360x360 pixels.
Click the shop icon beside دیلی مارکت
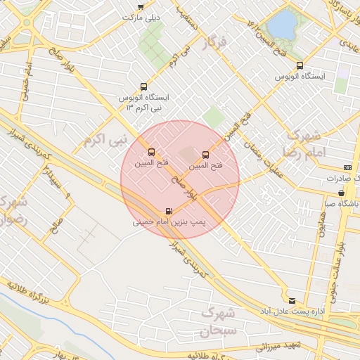[x=141, y=7]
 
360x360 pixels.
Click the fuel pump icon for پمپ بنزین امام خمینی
[x=168, y=211]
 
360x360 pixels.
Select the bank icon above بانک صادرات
[x=347, y=167]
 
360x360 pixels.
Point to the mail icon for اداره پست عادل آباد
[x=292, y=300]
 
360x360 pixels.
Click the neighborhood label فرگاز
[x=215, y=44]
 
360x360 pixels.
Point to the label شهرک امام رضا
[x=302, y=143]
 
